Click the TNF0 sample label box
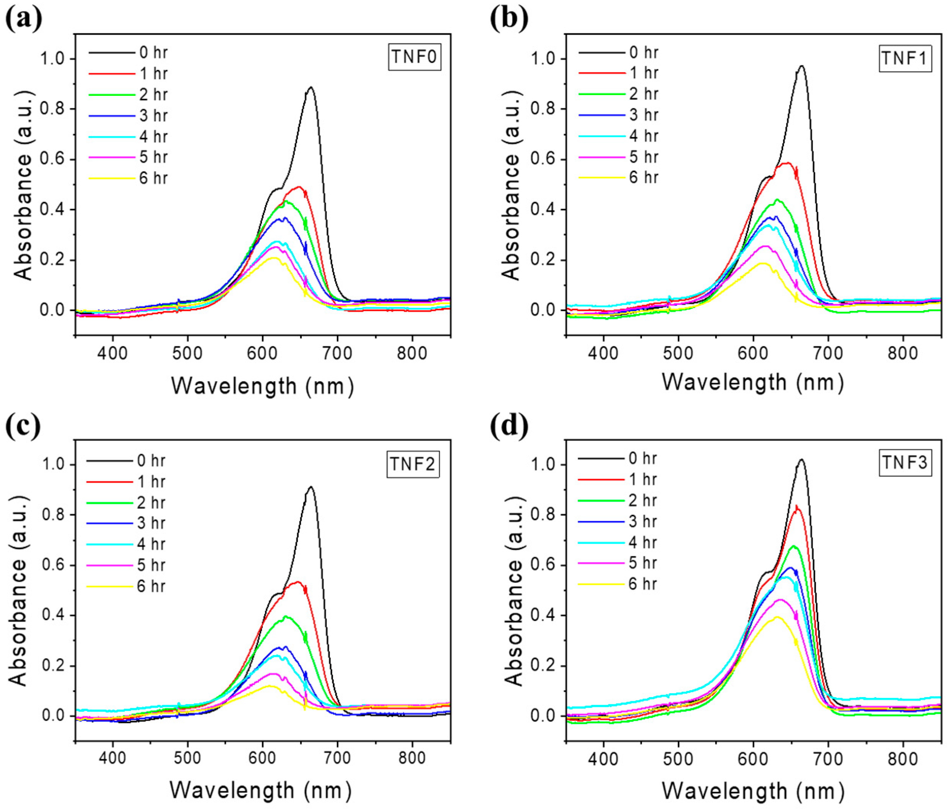click(415, 57)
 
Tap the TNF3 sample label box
click(905, 462)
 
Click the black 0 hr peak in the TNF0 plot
click(311, 87)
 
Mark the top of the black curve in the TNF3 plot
click(801, 459)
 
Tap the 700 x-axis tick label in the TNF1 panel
click(828, 353)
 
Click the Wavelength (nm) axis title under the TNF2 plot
click(261, 790)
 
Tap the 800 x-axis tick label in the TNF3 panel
click(903, 759)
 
